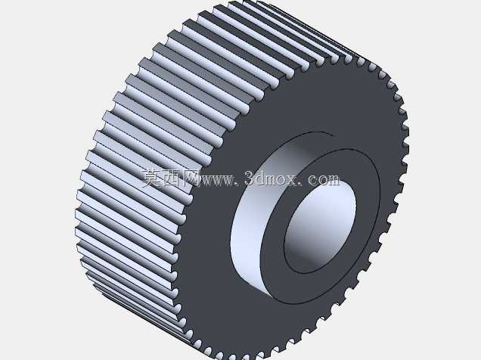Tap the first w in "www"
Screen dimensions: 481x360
tap(206, 180)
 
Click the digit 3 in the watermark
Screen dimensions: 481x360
tap(250, 178)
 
